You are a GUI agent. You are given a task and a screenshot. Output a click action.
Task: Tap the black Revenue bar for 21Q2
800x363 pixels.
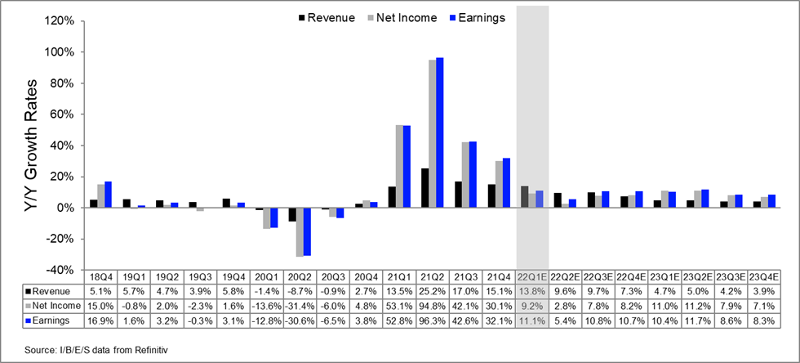(x=424, y=188)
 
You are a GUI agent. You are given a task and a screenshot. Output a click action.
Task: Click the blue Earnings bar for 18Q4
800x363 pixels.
(x=109, y=195)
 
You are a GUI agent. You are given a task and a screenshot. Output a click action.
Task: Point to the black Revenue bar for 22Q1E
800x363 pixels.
(x=524, y=197)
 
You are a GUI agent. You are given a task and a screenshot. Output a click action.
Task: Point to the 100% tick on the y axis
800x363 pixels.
(x=65, y=52)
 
